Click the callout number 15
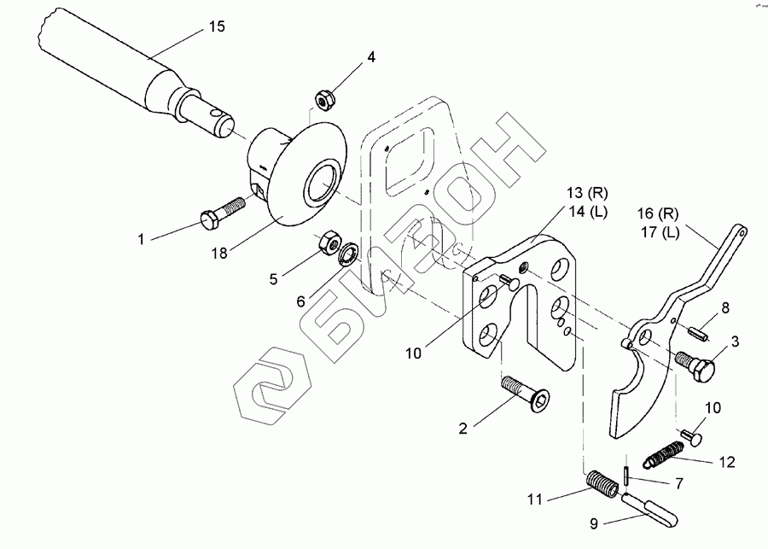[x=217, y=27]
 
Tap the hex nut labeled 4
[x=323, y=99]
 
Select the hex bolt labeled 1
[x=222, y=213]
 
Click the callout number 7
[x=679, y=484]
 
